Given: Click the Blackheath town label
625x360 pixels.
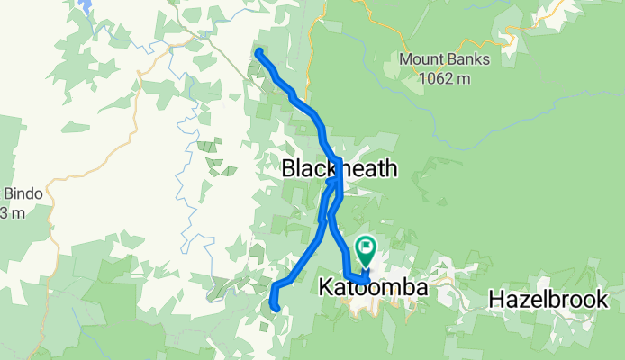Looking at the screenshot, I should (x=339, y=168).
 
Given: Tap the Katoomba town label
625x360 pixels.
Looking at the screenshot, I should (x=372, y=290).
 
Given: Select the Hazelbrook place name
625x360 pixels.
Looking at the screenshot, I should (x=548, y=299).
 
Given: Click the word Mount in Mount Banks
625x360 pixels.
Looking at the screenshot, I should (x=421, y=61).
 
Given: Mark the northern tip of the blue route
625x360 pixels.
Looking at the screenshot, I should (x=259, y=52).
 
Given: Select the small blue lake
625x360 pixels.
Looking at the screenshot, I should (x=86, y=7).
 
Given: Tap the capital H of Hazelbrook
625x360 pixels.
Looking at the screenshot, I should (x=496, y=299).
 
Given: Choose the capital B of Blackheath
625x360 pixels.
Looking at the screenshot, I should (x=289, y=168).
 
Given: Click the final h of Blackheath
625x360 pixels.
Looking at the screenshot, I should (x=389, y=168).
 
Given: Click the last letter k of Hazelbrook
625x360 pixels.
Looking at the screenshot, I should (x=602, y=299).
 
